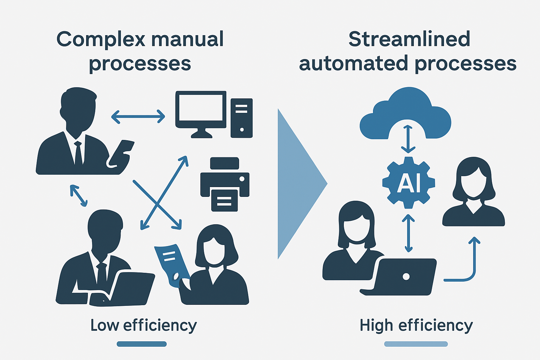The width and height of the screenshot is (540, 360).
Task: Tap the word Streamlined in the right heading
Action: click(409, 39)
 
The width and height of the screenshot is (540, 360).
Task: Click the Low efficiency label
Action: click(143, 325)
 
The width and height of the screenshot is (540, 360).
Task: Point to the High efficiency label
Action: click(416, 325)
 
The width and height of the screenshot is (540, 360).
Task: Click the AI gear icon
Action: click(409, 182)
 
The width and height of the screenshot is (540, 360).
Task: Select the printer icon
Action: click(225, 184)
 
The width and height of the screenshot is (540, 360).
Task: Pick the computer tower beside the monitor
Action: click(242, 118)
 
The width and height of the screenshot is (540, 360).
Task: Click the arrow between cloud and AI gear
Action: click(408, 139)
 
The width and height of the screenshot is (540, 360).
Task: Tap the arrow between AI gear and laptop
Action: click(408, 233)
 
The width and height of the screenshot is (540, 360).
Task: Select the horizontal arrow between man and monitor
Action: click(138, 116)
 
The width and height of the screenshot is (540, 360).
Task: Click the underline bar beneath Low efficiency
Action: click(142, 344)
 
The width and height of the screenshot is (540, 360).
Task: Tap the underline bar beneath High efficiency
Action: click(416, 344)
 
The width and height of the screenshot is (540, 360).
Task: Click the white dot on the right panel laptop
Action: click(406, 276)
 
